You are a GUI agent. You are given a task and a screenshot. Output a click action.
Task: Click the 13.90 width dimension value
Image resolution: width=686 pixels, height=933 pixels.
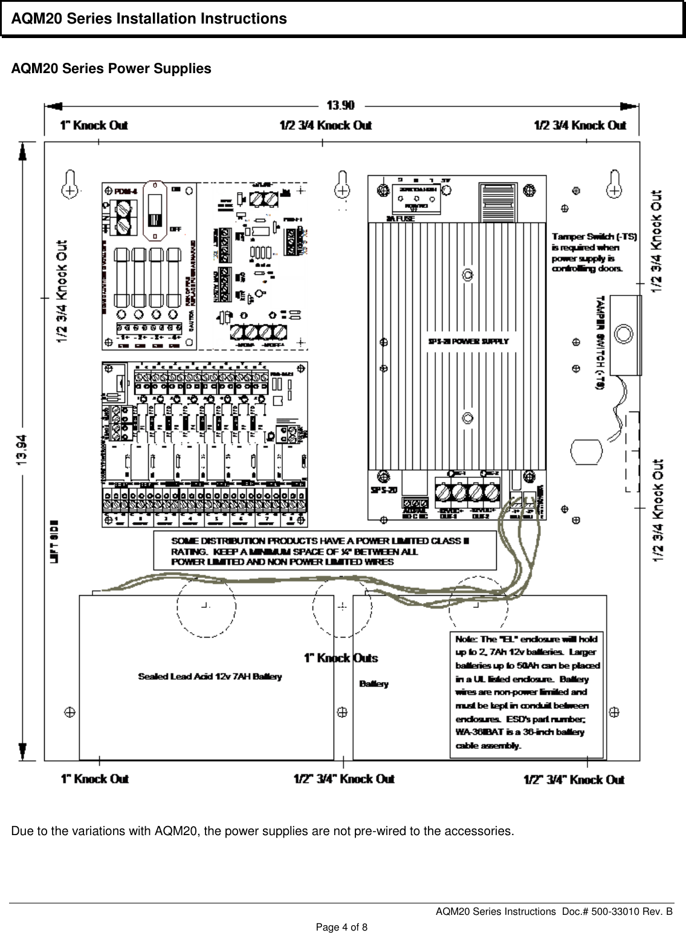click(340, 105)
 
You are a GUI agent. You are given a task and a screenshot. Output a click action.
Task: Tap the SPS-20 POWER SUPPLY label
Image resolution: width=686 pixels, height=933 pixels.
click(468, 341)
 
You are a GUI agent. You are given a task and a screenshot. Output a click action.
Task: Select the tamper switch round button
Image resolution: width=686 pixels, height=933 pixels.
click(623, 333)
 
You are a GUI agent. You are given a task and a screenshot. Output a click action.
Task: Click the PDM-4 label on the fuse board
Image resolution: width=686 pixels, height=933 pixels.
click(125, 192)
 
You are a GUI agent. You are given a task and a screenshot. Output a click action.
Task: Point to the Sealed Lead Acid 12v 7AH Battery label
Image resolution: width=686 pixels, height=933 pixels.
click(210, 677)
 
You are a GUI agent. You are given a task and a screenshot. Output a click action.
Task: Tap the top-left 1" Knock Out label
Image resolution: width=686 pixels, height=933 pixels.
click(94, 126)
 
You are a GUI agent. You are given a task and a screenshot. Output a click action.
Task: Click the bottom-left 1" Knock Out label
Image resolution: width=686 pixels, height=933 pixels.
click(94, 779)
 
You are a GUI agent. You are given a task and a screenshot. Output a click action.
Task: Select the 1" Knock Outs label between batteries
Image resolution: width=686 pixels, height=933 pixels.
click(340, 658)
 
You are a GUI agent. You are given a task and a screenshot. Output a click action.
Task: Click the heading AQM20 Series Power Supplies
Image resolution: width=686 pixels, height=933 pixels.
click(111, 69)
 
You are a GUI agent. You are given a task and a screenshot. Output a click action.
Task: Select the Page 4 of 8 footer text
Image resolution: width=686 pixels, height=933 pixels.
click(342, 927)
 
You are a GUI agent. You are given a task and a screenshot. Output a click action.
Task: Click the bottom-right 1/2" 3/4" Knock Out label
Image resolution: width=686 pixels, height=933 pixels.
click(574, 780)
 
